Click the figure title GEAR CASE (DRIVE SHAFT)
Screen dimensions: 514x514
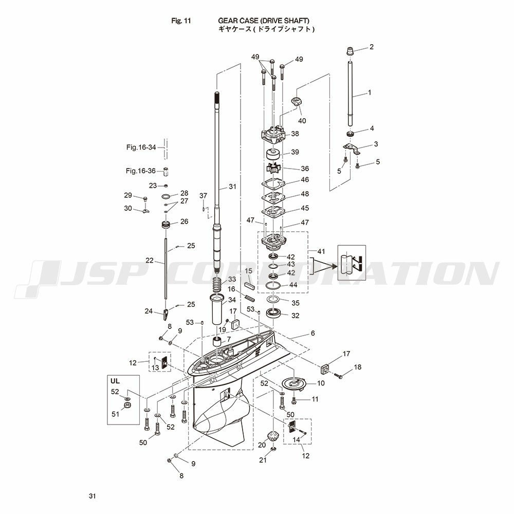coord(263,21)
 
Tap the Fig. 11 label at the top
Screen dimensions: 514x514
coord(181,21)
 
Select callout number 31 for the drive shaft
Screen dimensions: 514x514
coord(232,187)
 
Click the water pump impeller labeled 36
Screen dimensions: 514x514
coord(273,169)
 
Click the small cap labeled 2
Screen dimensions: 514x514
coord(351,51)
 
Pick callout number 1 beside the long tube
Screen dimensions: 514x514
coord(370,93)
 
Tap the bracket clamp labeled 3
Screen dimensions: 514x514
coord(352,149)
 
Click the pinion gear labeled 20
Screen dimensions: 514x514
coord(273,436)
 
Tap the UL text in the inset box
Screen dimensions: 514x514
coord(115,381)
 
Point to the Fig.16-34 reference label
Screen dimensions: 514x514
coord(141,147)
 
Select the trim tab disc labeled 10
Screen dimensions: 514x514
coord(293,383)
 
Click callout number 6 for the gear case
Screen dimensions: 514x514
coord(313,333)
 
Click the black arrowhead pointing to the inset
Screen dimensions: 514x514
coord(334,266)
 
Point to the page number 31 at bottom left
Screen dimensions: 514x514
coord(93,496)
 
